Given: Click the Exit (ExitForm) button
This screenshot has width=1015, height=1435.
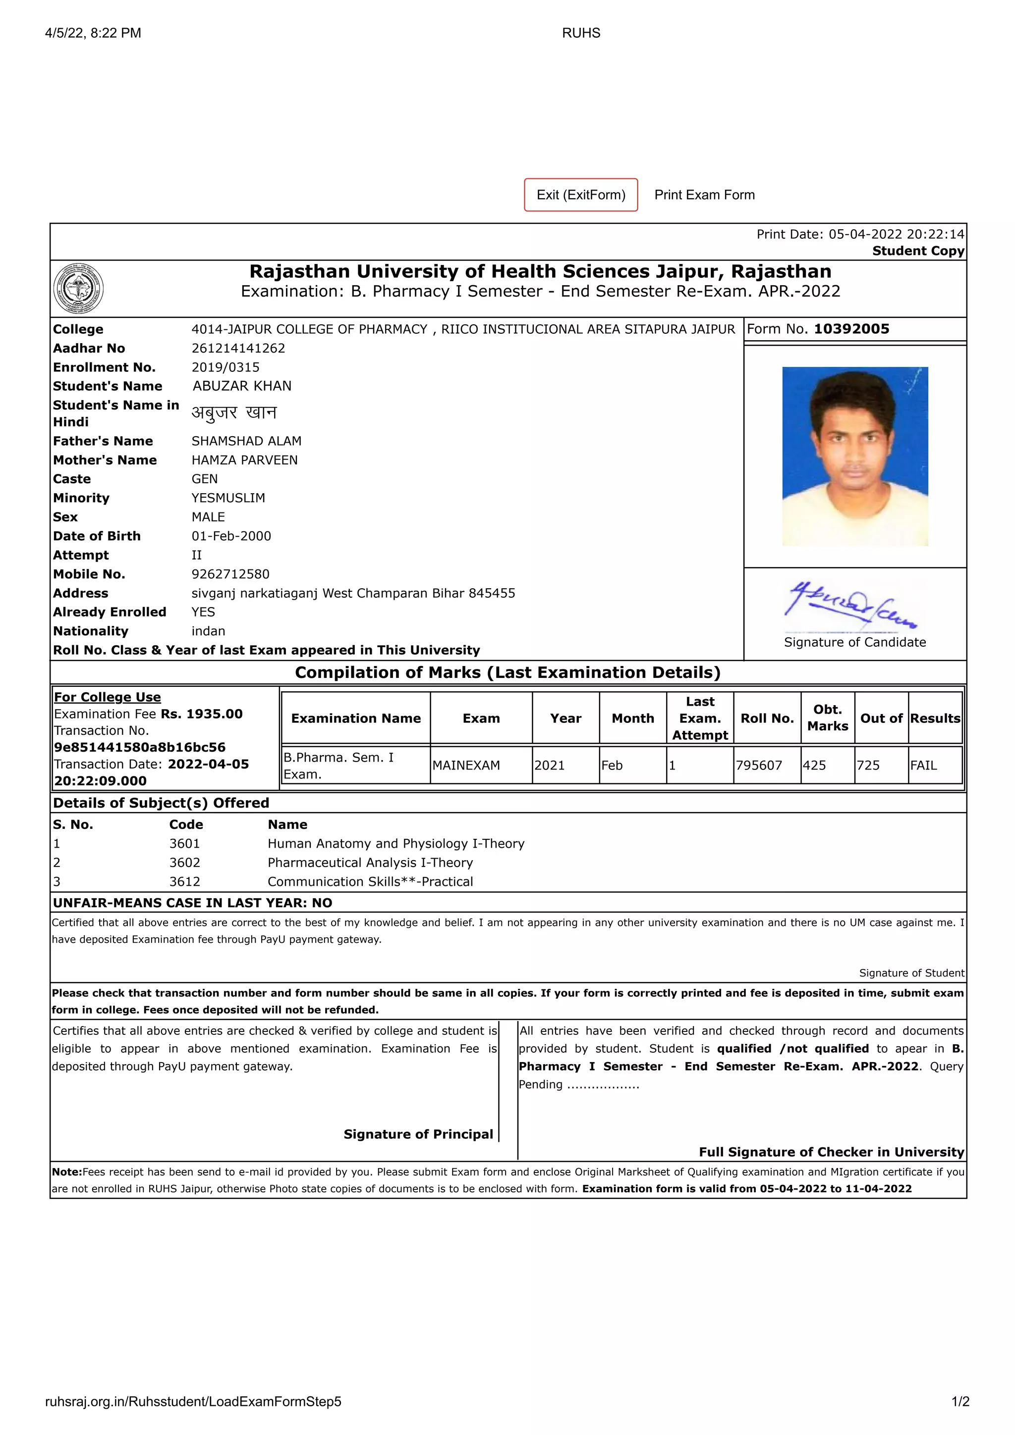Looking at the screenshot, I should pos(580,195).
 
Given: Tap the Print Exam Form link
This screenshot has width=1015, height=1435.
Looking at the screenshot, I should pos(704,195).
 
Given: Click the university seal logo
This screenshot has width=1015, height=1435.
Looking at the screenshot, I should pos(78,289).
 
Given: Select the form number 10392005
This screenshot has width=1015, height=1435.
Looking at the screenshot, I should pos(851,329).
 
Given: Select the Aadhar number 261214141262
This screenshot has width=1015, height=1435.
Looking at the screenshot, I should pos(238,348).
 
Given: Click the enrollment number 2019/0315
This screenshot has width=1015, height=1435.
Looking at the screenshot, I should pos(225,367).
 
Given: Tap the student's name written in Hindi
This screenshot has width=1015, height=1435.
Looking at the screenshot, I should pos(234,413).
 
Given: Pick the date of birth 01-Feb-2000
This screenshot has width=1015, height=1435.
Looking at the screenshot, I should pos(231,536).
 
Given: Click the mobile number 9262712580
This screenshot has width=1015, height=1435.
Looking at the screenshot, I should pos(230,574).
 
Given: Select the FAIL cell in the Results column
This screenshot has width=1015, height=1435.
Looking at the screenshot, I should pos(923,766).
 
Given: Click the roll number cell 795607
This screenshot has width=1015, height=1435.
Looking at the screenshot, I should pos(759,766).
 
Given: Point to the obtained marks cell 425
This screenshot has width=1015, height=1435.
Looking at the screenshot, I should pos(814,766).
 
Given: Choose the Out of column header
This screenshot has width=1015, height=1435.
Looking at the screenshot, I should pos(881,719).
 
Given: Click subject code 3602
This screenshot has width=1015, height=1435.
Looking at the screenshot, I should pos(184,863).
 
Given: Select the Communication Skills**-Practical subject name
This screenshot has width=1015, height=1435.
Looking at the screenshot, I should pos(370,882).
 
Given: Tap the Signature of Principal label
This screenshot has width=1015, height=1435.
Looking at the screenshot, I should pos(418,1134).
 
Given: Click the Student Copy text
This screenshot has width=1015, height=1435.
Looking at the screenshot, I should pos(917,251).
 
